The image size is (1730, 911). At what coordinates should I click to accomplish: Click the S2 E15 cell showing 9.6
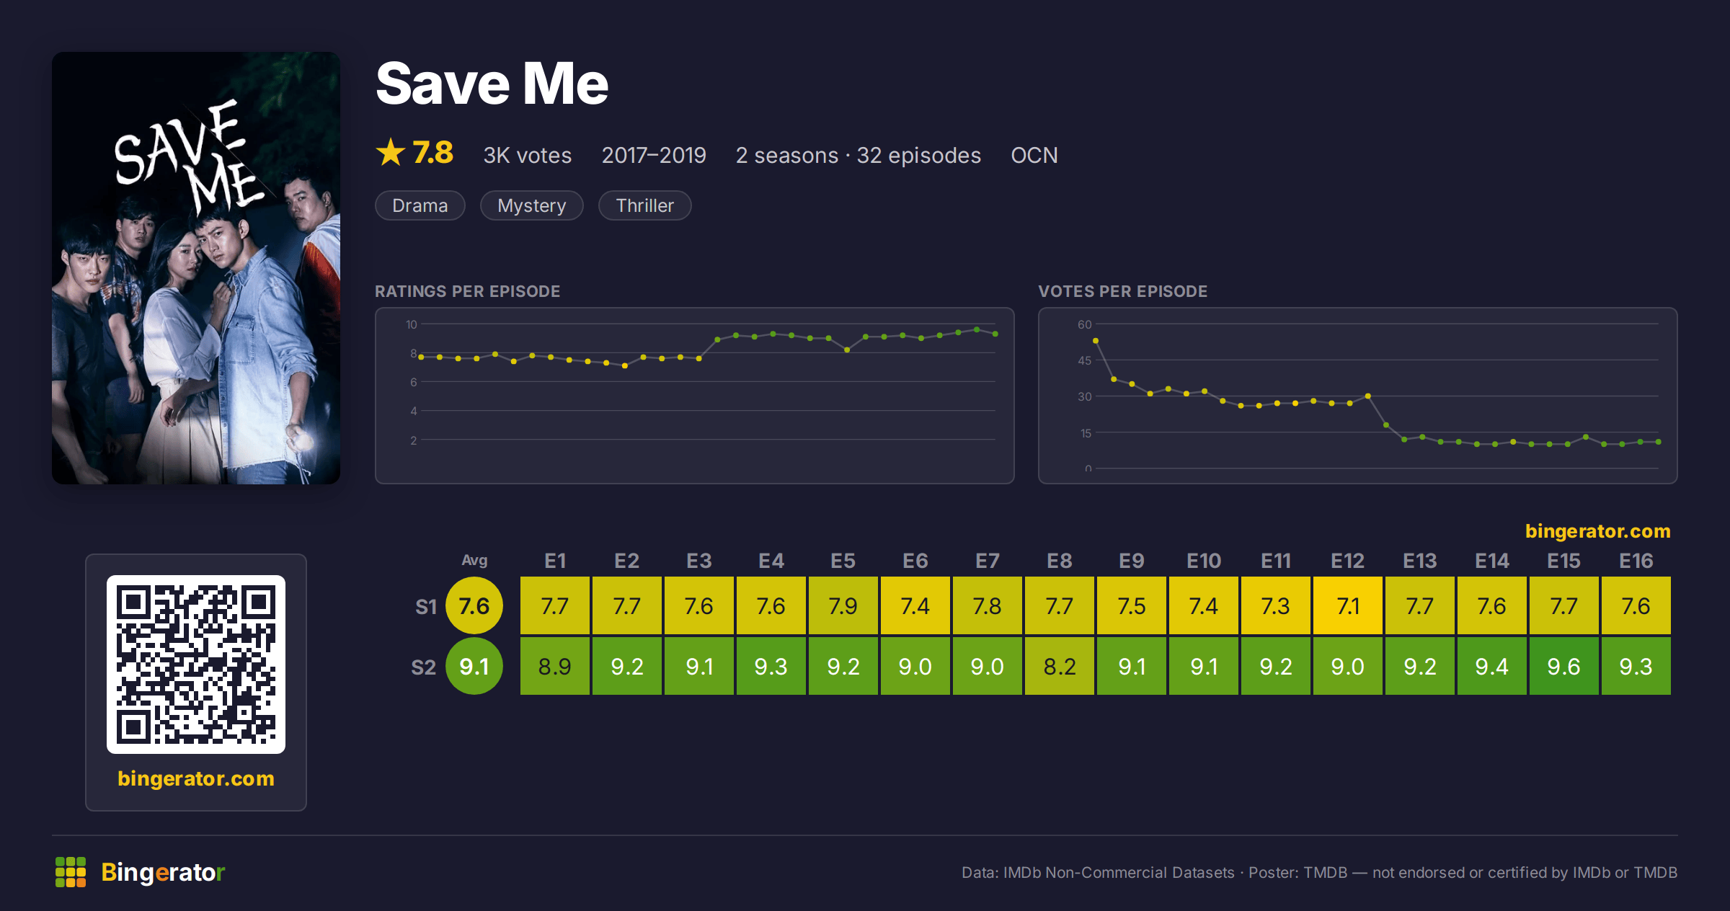1563,666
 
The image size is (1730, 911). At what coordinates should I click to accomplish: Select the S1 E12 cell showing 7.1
1347,605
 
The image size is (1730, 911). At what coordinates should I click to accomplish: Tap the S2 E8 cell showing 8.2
1059,666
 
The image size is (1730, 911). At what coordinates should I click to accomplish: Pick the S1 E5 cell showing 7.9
843,605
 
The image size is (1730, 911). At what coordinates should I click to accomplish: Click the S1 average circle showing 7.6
474,605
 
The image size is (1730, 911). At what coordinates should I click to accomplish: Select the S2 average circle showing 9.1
474,666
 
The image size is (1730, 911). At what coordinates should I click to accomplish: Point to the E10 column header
1204,561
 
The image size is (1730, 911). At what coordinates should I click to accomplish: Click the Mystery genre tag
532,205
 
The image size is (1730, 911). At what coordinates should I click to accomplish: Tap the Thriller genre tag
645,205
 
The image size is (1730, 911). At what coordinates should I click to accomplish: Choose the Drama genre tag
420,205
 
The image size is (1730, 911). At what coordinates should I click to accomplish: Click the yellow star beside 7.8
391,152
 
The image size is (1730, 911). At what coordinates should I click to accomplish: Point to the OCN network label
1034,155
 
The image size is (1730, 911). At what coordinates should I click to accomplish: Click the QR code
196,665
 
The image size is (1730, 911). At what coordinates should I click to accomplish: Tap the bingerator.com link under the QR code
196,778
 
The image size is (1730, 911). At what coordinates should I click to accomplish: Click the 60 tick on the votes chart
1085,324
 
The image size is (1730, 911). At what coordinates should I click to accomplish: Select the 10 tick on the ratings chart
411,324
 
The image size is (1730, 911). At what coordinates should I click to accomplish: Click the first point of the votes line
1096,341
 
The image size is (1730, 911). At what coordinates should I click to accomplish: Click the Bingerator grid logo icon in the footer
71,872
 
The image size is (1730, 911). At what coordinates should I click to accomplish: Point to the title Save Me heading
492,84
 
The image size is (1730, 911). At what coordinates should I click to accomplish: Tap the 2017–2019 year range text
654,155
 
